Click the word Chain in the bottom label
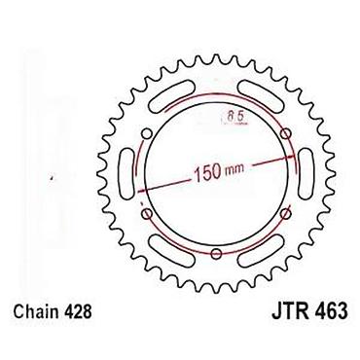(x=36, y=311)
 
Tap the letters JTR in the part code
(x=289, y=311)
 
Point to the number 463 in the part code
(x=331, y=311)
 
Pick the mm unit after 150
(x=233, y=169)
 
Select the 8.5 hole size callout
(x=234, y=117)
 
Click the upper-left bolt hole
(x=147, y=133)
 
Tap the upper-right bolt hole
(x=286, y=133)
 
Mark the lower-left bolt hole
(x=147, y=213)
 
